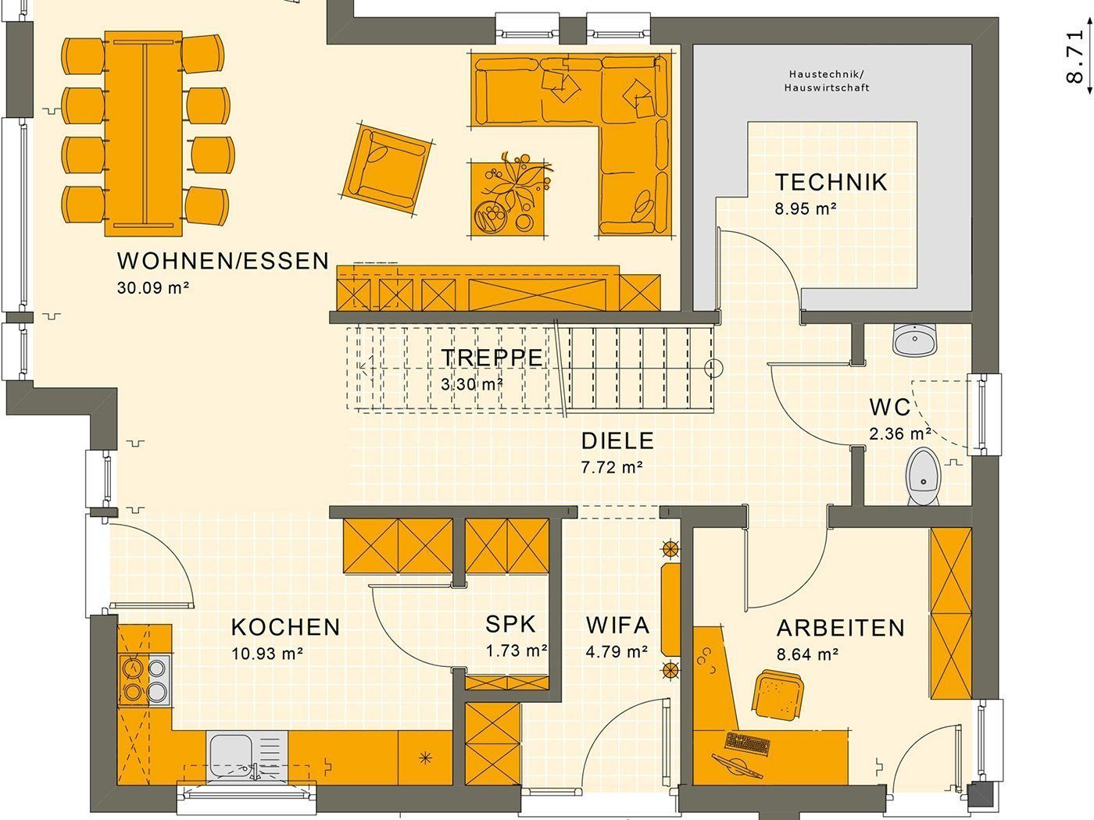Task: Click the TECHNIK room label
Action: point(831,183)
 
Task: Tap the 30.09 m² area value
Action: point(152,287)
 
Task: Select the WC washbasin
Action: point(915,340)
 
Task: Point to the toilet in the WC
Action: point(923,476)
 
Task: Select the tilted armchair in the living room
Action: point(387,170)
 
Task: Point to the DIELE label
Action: point(617,441)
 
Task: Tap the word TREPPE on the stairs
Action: point(492,358)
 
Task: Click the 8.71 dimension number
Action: point(1075,57)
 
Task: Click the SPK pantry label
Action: point(510,624)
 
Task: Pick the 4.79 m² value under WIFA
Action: point(617,652)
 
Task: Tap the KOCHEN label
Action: point(285,627)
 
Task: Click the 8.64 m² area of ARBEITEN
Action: point(807,654)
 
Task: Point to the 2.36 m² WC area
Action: point(900,434)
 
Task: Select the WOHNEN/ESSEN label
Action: point(223,261)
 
